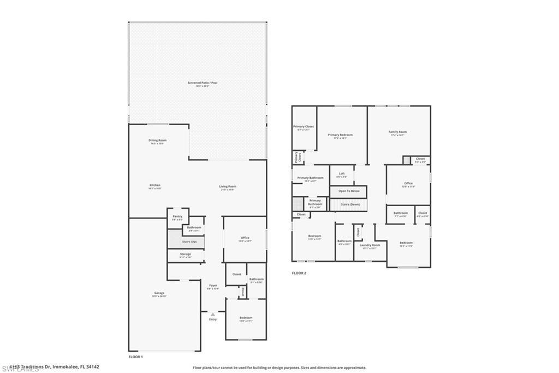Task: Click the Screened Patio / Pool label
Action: coord(203,83)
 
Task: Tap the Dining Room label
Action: coord(157,141)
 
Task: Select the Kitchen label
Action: coord(155,186)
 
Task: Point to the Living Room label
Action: coord(228,186)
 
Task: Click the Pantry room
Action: coord(177,217)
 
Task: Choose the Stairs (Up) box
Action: coord(186,241)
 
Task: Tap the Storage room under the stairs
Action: coord(186,254)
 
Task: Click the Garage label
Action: coord(159,293)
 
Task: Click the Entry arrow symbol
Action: coord(213,314)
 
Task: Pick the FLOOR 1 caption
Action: coord(135,357)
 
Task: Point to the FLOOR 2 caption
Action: coord(299,273)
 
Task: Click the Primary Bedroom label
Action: coord(340,135)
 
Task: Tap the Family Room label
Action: coord(397,132)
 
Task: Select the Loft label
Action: coord(341,174)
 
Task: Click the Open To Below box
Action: coord(348,191)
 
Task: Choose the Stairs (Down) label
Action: coord(350,204)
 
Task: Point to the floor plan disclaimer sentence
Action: coord(279,368)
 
